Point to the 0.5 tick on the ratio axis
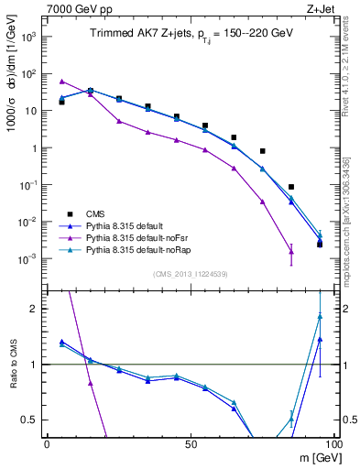click(33, 420)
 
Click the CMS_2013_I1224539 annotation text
click(191, 273)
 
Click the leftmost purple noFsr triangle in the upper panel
click(61, 81)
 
